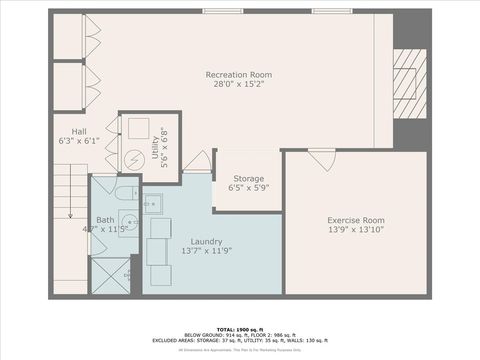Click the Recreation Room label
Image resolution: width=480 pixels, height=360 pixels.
[x=238, y=75]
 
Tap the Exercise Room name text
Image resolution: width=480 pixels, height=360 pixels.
[x=356, y=220]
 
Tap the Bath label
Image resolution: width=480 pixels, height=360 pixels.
[x=105, y=219]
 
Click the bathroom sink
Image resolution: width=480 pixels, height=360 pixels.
[x=128, y=221]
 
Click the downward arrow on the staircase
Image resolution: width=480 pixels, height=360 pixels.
[x=70, y=215]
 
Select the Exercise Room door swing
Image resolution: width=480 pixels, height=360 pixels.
[x=321, y=159]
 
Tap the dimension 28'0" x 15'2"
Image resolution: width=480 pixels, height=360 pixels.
[x=238, y=86]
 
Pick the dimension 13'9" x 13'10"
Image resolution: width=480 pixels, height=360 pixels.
[x=356, y=231]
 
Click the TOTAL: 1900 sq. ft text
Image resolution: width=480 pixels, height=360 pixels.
[x=239, y=328]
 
